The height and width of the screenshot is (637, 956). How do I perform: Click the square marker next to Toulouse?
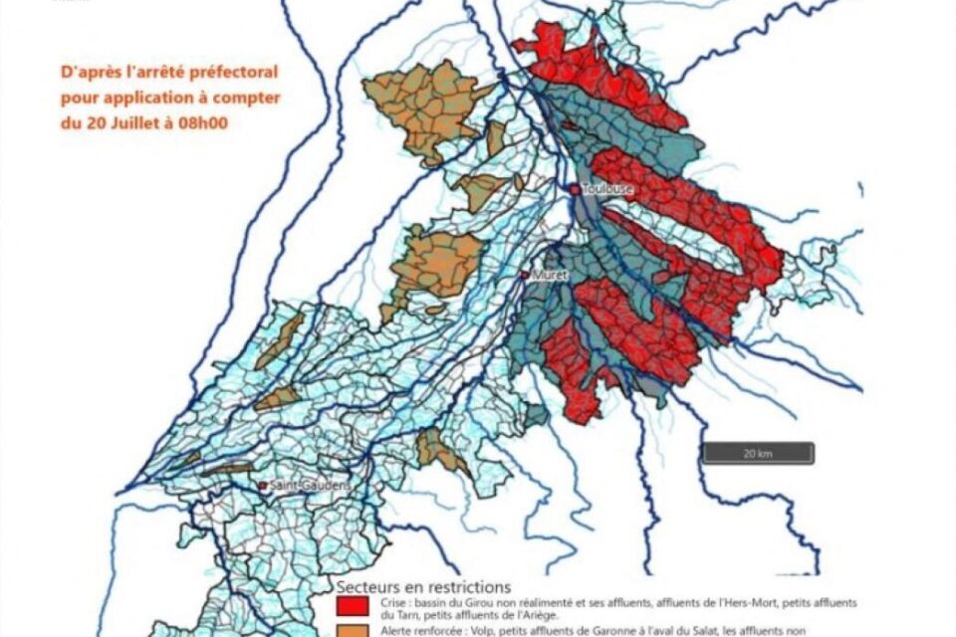[x=575, y=188]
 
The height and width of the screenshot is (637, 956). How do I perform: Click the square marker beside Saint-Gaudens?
[x=263, y=486]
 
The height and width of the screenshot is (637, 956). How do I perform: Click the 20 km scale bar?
[x=758, y=453]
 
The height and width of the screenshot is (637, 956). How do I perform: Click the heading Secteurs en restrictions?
[x=423, y=586]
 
